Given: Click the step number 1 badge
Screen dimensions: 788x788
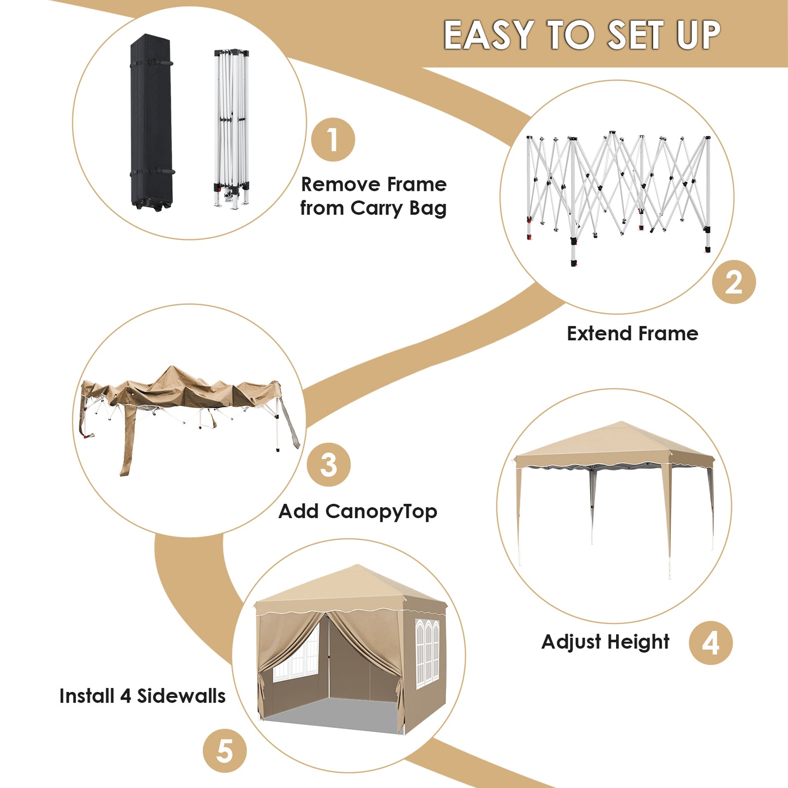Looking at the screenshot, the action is click(333, 140).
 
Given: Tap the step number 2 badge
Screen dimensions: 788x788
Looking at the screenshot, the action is click(733, 282).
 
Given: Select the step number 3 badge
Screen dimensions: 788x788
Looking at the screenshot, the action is click(329, 465).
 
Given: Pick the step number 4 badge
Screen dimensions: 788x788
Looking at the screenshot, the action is click(711, 642).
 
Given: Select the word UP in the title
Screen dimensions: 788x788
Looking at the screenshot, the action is click(698, 35).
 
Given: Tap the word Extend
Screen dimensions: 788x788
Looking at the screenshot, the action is click(598, 333).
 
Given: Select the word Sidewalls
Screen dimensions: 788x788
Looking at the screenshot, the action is click(181, 696).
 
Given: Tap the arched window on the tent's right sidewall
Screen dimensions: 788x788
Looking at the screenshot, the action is click(428, 653).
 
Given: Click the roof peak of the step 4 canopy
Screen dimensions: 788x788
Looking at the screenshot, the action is click(621, 422).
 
